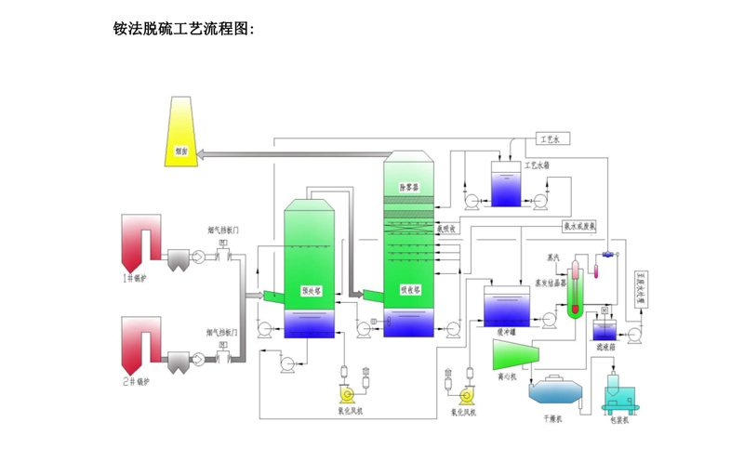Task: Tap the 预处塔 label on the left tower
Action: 311,290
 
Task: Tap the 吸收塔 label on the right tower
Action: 410,289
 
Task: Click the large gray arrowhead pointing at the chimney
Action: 210,153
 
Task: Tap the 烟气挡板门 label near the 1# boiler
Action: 224,229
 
